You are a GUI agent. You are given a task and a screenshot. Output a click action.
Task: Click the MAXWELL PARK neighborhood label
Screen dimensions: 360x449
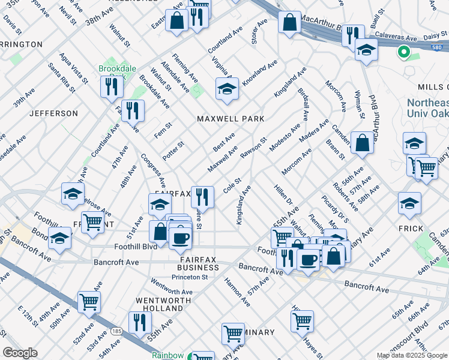[x=231, y=119]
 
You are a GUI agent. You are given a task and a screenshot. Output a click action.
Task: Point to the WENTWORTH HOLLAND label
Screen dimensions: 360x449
[x=159, y=304]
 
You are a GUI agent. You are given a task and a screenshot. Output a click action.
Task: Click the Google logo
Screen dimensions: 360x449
[x=20, y=353]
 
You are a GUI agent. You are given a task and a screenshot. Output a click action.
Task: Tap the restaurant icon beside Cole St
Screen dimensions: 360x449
[x=202, y=197]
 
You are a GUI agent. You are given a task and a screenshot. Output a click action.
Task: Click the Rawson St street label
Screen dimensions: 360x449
[x=253, y=148]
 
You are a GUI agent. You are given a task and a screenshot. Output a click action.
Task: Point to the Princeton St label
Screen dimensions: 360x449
[x=189, y=277]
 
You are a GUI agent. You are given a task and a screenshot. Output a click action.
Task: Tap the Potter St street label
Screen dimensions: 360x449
[x=173, y=151]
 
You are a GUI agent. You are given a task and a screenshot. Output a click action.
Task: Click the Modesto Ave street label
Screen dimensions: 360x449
[x=285, y=137]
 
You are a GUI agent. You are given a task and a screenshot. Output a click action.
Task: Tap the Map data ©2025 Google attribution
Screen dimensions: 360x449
[x=412, y=355]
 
